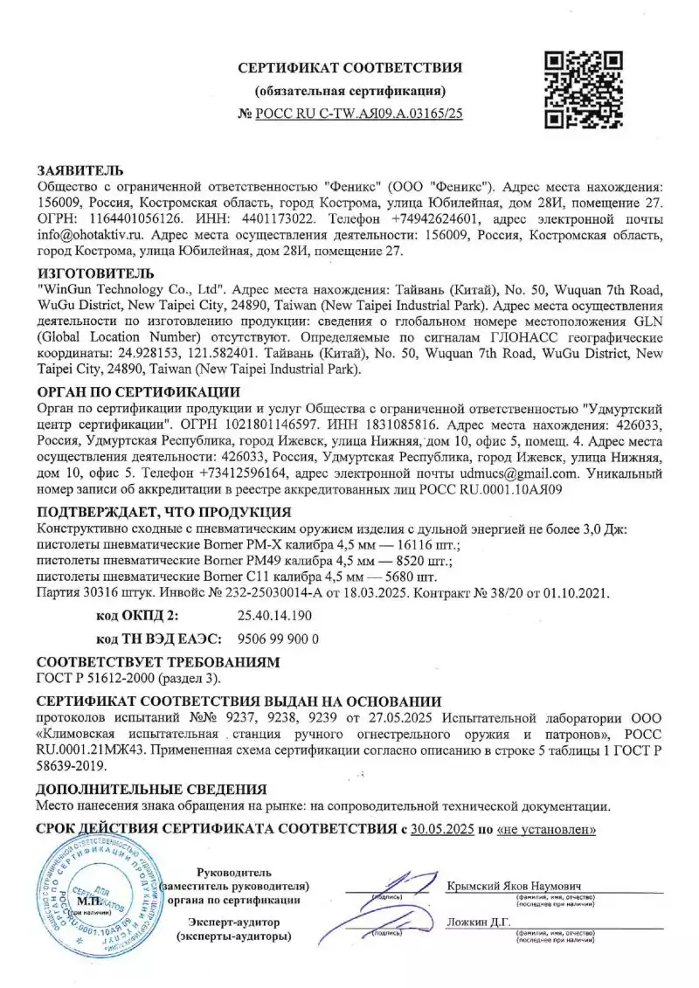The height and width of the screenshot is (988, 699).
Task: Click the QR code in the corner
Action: [x=583, y=90]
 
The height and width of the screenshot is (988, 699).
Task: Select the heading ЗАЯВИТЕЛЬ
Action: [x=80, y=169]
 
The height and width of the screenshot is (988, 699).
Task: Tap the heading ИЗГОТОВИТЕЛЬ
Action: [x=95, y=273]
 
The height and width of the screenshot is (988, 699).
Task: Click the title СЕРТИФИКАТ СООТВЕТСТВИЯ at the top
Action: [x=350, y=68]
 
